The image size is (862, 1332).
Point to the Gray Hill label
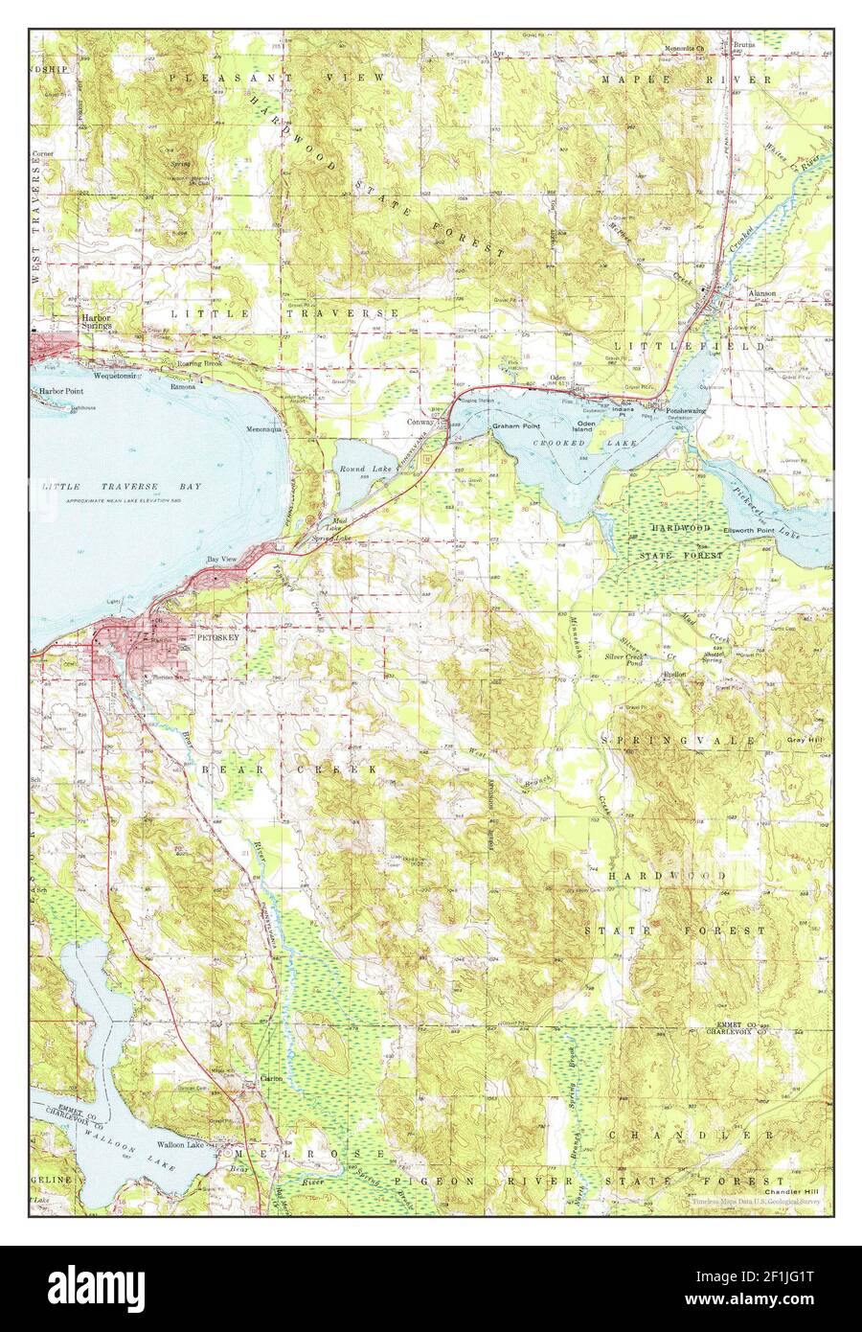click(x=807, y=741)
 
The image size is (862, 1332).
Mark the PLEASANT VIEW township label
click(x=278, y=76)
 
